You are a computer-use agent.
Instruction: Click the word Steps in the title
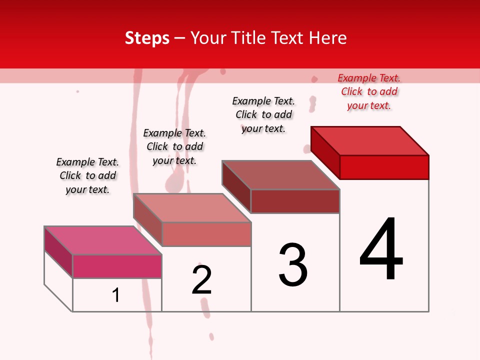[x=147, y=38]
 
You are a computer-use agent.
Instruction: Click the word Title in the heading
[x=247, y=38]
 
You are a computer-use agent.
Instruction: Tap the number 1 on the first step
[x=115, y=295]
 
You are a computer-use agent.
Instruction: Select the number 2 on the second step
[x=201, y=280]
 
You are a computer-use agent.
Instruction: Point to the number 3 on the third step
[x=293, y=265]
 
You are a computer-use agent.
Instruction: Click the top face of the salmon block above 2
[x=192, y=208]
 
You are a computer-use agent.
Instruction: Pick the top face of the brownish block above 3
[x=281, y=175]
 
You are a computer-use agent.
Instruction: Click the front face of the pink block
[x=117, y=266]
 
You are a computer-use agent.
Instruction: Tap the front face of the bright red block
[x=384, y=167]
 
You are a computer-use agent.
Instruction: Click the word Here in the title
[x=328, y=38]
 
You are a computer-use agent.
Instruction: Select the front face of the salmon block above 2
[x=206, y=234]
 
